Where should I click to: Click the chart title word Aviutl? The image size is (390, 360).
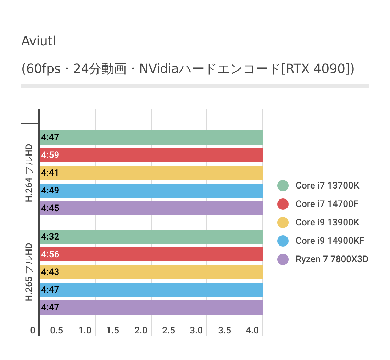pyautogui.click(x=38, y=41)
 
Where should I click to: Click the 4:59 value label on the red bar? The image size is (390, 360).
pyautogui.click(x=50, y=155)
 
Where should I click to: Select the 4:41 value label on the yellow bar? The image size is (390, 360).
pyautogui.click(x=50, y=173)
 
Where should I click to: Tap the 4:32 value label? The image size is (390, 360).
pyautogui.click(x=50, y=236)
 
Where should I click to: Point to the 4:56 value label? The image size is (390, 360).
pyautogui.click(x=50, y=254)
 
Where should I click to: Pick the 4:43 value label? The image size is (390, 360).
pyautogui.click(x=50, y=272)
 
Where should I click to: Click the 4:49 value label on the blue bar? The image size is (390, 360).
pyautogui.click(x=50, y=190)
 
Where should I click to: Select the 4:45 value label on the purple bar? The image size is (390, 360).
pyautogui.click(x=50, y=208)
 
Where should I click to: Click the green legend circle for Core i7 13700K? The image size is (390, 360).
pyautogui.click(x=283, y=185)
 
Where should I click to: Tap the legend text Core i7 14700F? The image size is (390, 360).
pyautogui.click(x=327, y=204)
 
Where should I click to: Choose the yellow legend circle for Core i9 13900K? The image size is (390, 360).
pyautogui.click(x=283, y=222)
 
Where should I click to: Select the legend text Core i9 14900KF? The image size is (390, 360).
pyautogui.click(x=330, y=241)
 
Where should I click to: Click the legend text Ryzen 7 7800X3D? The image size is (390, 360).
pyautogui.click(x=332, y=259)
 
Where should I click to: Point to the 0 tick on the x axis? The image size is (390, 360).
pyautogui.click(x=33, y=331)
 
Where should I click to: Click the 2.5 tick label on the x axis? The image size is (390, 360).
pyautogui.click(x=168, y=331)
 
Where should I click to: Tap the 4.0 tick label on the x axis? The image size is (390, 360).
pyautogui.click(x=252, y=331)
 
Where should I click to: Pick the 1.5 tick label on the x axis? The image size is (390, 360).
pyautogui.click(x=113, y=331)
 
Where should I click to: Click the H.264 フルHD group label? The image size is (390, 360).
pyautogui.click(x=29, y=173)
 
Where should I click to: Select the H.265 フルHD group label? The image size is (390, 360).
pyautogui.click(x=29, y=272)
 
